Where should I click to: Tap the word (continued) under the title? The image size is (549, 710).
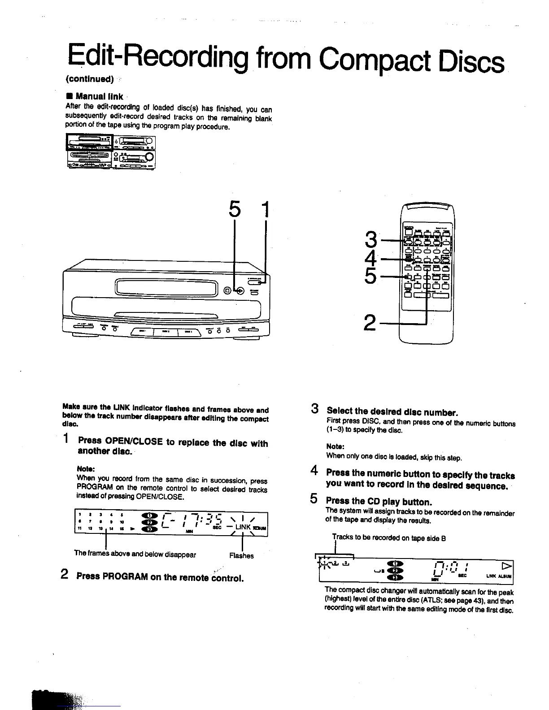click(89, 79)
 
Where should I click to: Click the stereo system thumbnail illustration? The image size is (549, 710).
click(111, 152)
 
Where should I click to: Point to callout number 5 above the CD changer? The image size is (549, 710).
click(234, 210)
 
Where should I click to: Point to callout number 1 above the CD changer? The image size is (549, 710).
click(266, 210)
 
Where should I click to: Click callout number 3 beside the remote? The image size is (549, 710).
click(370, 239)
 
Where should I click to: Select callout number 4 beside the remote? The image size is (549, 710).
click(370, 258)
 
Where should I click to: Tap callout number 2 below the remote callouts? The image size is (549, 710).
click(370, 322)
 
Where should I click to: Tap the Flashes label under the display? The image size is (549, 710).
click(241, 556)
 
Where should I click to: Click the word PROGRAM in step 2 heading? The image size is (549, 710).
click(125, 576)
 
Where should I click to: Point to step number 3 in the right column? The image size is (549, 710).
click(315, 409)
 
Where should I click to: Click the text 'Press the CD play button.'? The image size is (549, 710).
click(379, 502)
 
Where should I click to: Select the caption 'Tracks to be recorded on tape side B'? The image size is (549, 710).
click(389, 538)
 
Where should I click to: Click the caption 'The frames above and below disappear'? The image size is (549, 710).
click(135, 554)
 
